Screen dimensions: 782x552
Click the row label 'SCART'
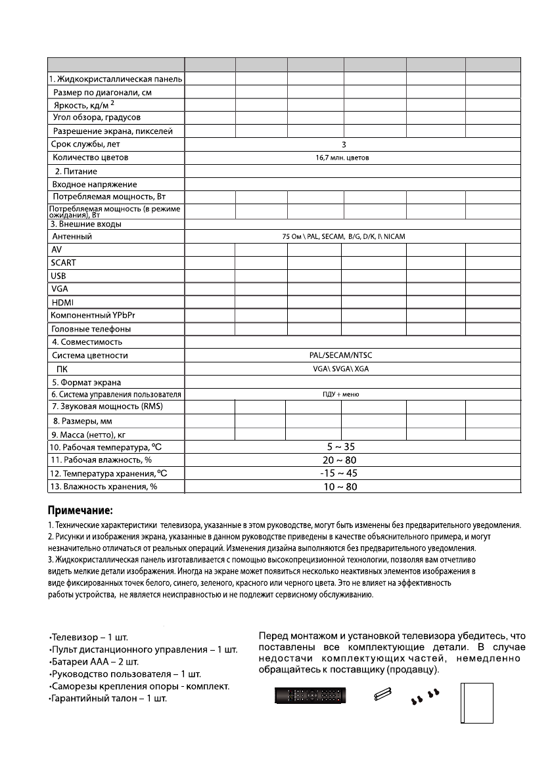64,263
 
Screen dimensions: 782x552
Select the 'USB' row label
60,276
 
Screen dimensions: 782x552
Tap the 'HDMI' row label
62,302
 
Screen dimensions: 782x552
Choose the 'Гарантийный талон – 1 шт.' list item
108,699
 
